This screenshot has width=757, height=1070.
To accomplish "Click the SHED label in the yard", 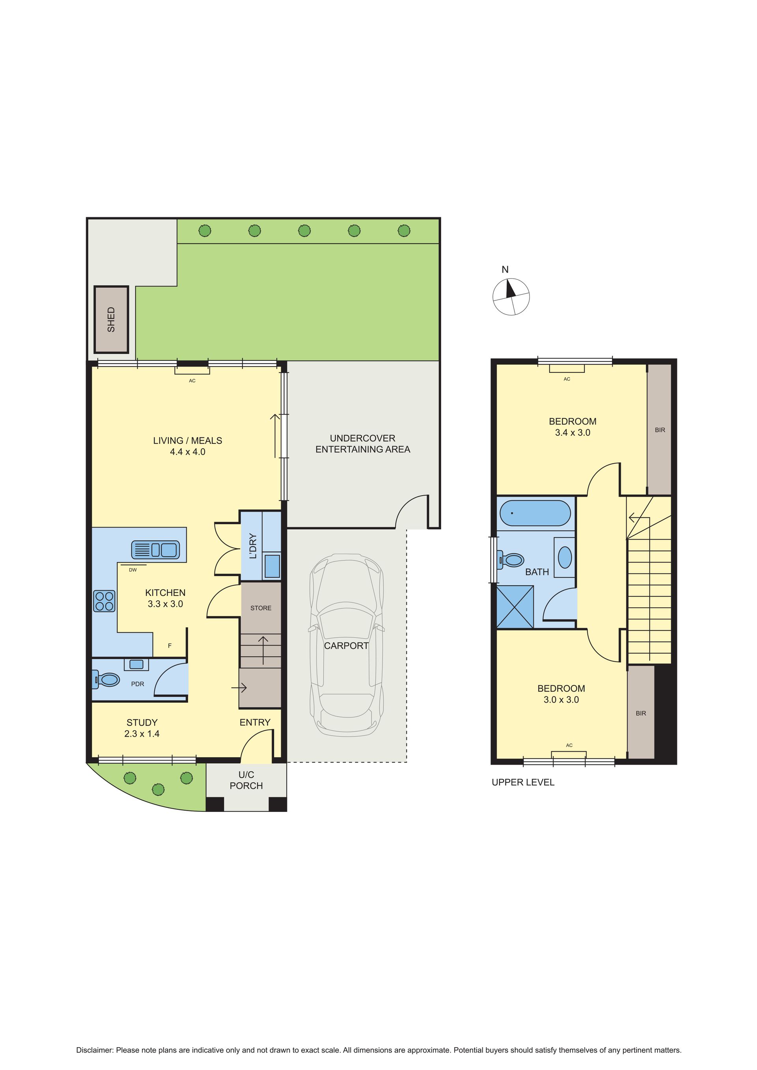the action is [111, 319].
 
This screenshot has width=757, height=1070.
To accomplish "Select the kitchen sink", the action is [155, 550].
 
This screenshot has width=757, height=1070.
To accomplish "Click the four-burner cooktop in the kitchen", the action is [104, 601].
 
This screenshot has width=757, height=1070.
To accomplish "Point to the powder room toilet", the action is [107, 680].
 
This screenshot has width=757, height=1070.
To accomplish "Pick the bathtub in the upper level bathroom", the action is [535, 513].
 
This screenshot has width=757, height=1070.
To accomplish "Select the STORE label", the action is [261, 608].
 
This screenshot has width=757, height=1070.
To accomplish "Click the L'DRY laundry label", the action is [253, 546].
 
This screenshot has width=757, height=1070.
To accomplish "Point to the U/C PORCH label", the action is [246, 780].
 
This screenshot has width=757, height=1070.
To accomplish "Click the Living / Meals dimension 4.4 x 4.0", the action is [187, 452].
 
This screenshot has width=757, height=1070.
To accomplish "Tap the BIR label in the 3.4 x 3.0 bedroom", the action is [660, 430].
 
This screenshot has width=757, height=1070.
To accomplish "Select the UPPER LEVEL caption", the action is [523, 782].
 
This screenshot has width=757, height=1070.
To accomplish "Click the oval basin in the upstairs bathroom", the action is [565, 557].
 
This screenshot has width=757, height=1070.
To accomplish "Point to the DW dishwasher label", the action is [133, 570].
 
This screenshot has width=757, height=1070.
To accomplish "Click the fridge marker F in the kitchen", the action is [170, 646].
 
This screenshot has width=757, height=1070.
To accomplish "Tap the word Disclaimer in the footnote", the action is [95, 1034].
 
